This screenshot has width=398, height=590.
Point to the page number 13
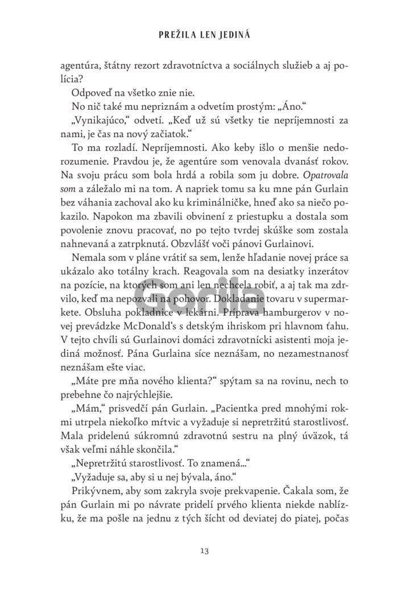click(205, 550)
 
